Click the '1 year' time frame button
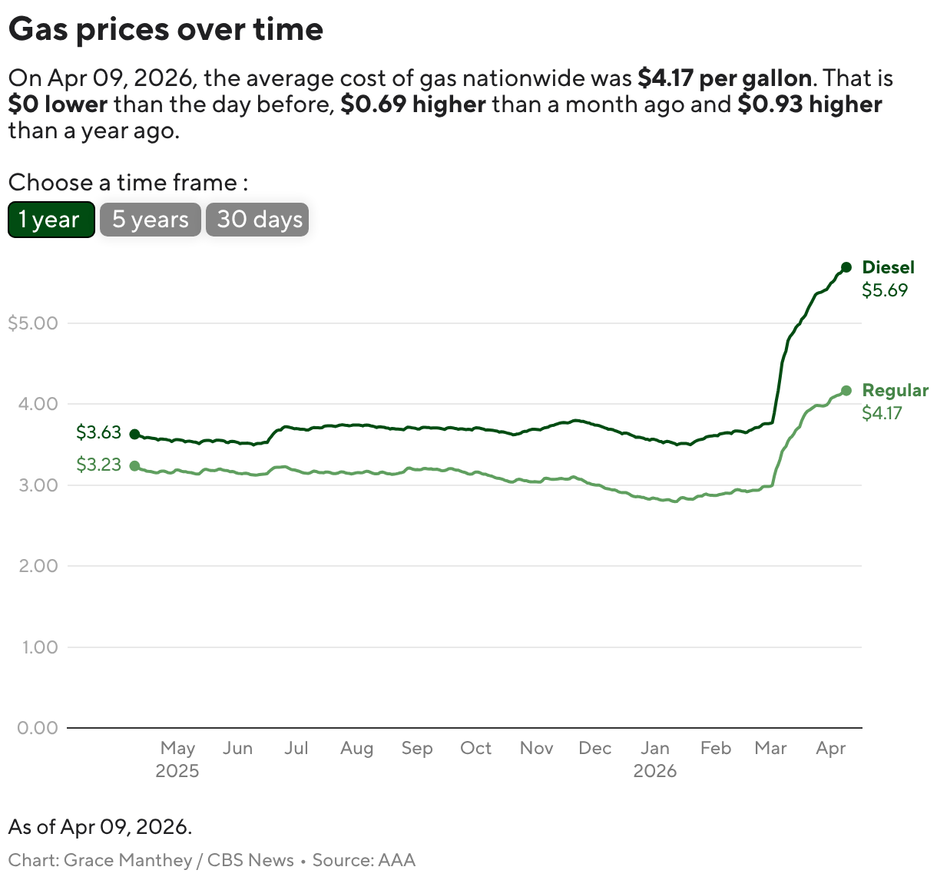tap(51, 220)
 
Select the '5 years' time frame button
tap(151, 220)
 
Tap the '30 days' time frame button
tap(257, 220)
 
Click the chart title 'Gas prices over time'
tap(166, 30)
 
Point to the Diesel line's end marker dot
tap(846, 267)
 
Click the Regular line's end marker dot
tap(846, 391)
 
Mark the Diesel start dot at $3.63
tap(135, 434)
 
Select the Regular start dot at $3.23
tap(135, 466)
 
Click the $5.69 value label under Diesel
tap(884, 290)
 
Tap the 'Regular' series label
tap(895, 390)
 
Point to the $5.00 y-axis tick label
tap(33, 323)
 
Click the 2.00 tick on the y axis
tap(38, 566)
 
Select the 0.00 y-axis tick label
tap(38, 728)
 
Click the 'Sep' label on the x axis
tap(416, 748)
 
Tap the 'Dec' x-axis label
tap(594, 748)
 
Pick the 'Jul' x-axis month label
tap(296, 748)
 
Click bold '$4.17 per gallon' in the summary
tap(724, 78)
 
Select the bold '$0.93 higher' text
tap(810, 104)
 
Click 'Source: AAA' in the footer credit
tap(363, 860)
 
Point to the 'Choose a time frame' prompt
tap(127, 183)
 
